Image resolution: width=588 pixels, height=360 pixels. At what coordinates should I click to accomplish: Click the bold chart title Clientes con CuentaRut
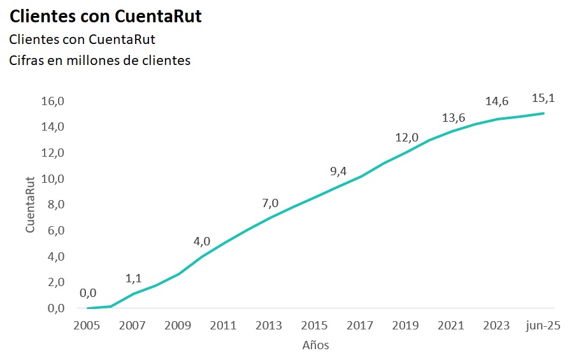(106, 17)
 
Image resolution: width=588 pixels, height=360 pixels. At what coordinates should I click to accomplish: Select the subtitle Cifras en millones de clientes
(99, 61)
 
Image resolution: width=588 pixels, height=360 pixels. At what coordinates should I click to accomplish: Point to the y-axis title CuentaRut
(30, 205)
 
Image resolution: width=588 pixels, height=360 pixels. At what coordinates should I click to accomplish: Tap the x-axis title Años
(315, 345)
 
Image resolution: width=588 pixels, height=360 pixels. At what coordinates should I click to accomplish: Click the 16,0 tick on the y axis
(53, 101)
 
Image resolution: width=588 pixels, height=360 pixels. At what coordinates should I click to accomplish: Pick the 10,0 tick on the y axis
(53, 179)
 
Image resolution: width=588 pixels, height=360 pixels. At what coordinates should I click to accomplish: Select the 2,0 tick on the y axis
(53, 282)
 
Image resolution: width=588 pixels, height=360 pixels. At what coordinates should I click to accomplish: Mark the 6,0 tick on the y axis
(53, 231)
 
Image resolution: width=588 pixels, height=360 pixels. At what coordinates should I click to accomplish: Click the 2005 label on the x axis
(87, 326)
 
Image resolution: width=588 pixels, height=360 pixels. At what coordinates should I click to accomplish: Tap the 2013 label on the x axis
(269, 326)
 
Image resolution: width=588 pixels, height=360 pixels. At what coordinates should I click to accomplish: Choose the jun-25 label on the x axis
(543, 326)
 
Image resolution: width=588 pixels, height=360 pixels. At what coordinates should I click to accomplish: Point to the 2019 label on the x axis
(405, 326)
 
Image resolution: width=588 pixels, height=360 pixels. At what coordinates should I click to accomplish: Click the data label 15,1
(543, 98)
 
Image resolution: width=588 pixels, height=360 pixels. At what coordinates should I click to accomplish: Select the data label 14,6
(497, 101)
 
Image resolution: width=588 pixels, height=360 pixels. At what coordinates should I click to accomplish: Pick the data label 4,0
(202, 241)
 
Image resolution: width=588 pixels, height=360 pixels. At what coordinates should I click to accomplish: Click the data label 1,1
(133, 278)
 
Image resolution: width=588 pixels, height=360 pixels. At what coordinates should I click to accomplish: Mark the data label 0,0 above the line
(88, 293)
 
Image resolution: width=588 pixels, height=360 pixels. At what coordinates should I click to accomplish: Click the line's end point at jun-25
(543, 113)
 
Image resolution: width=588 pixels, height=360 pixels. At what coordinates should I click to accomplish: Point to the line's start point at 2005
(88, 308)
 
